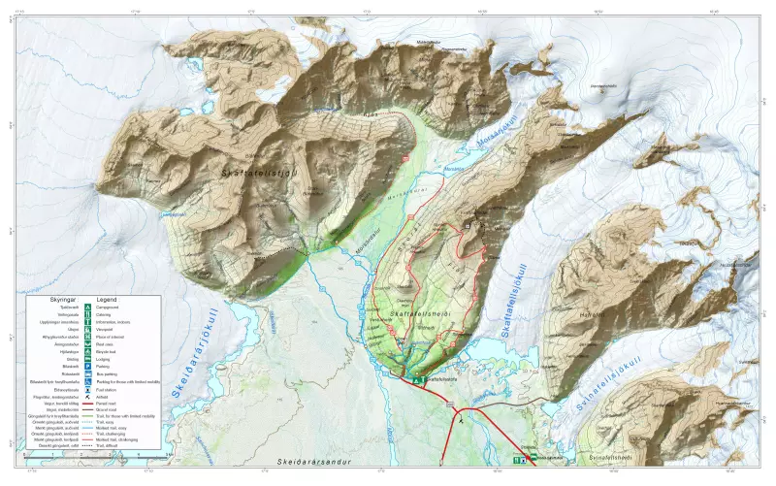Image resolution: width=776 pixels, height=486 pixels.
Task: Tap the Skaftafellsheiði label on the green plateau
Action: (418, 312)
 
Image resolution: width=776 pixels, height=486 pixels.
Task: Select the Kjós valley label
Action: (369, 114)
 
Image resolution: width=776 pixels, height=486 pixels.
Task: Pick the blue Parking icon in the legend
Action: (87, 367)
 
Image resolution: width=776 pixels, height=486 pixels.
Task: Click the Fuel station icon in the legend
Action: (87, 389)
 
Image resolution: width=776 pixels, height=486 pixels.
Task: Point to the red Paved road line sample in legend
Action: (87, 405)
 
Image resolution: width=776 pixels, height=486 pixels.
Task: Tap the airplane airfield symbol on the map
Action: (462, 419)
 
